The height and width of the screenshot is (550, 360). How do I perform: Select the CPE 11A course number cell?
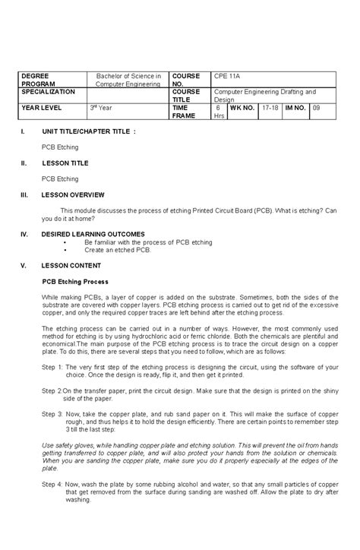(226, 77)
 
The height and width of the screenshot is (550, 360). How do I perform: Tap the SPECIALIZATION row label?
(48, 91)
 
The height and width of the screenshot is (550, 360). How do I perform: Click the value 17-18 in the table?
(269, 108)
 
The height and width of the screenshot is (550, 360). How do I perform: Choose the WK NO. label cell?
(241, 108)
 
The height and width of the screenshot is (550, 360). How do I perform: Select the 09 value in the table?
(317, 108)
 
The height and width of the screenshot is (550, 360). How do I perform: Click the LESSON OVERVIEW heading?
(73, 194)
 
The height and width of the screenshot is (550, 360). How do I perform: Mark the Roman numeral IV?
(24, 233)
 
